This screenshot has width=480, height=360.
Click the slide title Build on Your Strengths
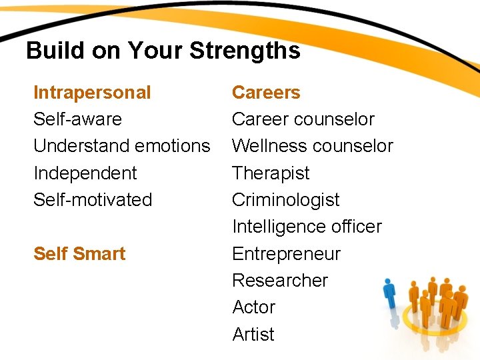163,51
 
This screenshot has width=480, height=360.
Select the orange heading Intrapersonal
92,92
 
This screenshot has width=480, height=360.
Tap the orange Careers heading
266,92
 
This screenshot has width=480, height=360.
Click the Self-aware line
77,119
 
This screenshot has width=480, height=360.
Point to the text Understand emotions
121,146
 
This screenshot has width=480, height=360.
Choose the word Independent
85,173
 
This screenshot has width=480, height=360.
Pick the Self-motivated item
93,199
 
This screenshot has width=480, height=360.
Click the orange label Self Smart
79,253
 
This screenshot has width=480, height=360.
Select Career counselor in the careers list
303,119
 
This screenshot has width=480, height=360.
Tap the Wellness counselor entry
312,146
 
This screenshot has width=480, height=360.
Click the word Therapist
271,173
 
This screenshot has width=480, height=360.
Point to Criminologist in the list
285,199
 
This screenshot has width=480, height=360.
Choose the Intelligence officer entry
307,227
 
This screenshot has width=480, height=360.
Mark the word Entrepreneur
286,253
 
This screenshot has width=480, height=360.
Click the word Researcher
280,280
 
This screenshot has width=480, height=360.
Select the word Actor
253,307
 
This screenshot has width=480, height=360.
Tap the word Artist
253,334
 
